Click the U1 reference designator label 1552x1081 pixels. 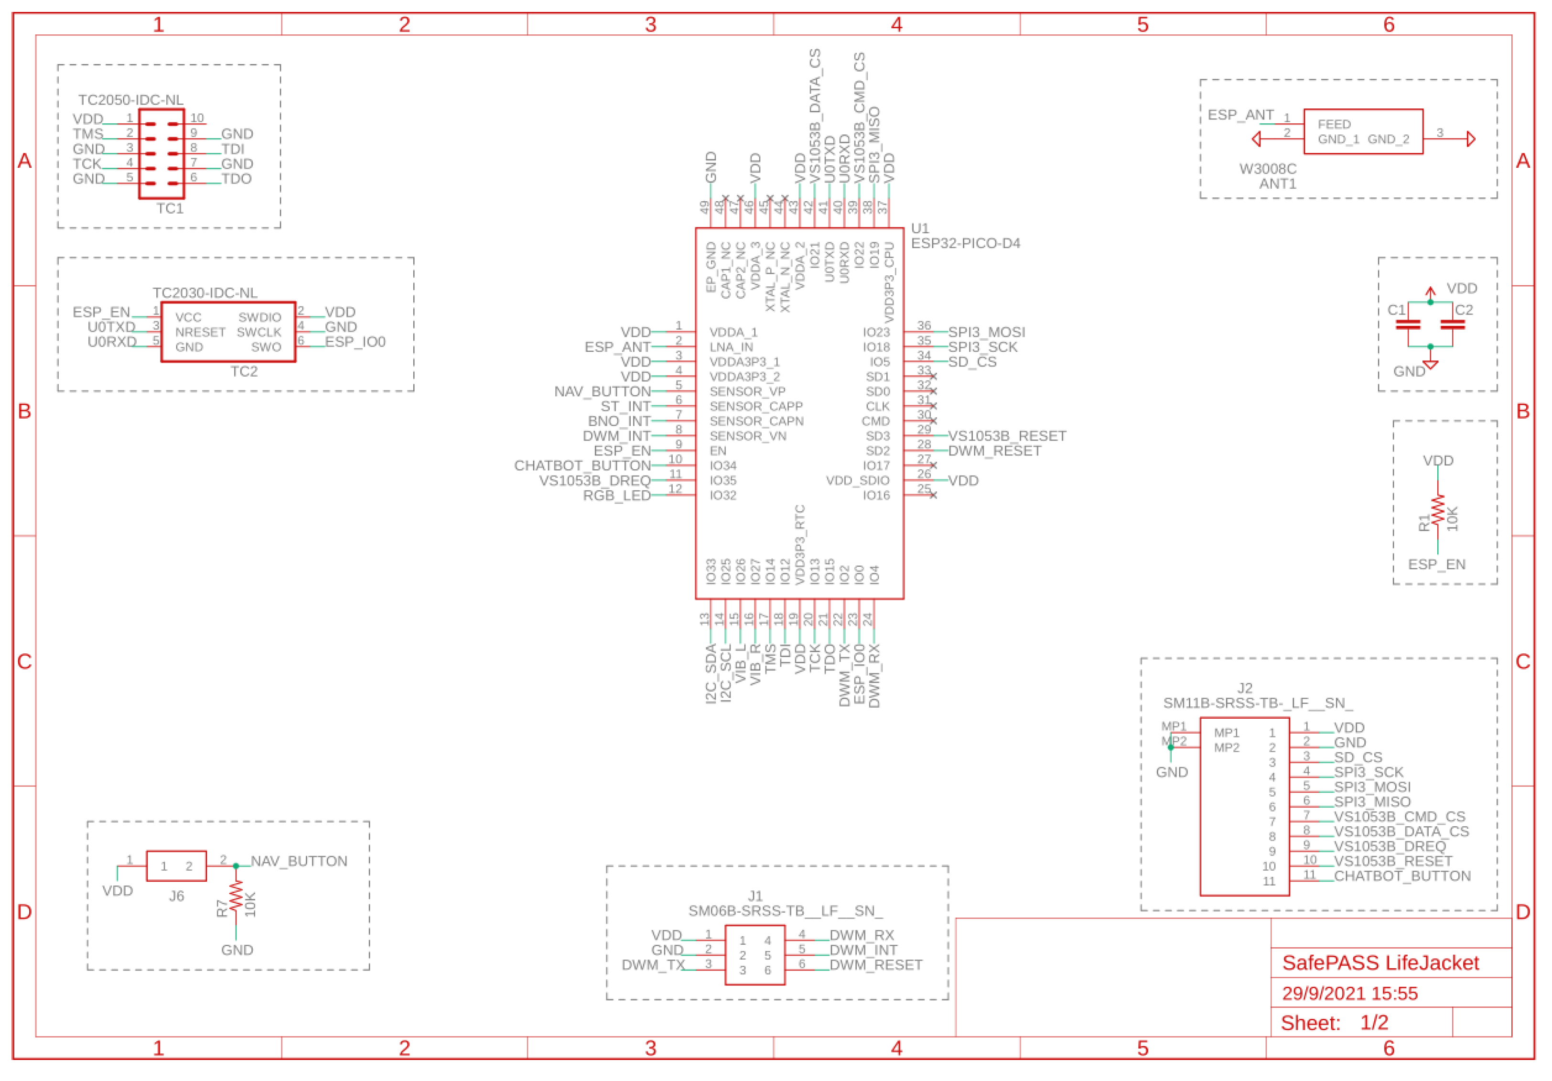click(x=920, y=228)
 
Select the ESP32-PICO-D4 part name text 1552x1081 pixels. click(x=965, y=243)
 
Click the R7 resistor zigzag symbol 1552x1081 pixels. click(x=236, y=897)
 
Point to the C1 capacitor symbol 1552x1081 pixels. click(x=1408, y=324)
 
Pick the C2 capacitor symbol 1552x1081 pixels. click(x=1452, y=324)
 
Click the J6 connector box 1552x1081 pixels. click(x=176, y=866)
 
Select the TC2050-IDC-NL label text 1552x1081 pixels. click(x=130, y=100)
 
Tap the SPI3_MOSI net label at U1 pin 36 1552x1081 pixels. click(x=986, y=332)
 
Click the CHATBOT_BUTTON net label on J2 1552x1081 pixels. click(x=1402, y=876)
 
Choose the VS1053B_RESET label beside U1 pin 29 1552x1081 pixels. click(x=1006, y=436)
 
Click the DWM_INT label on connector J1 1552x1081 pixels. click(x=863, y=950)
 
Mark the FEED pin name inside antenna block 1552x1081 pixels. click(x=1334, y=124)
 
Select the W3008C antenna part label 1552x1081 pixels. click(x=1267, y=169)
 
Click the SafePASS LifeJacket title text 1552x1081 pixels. click(x=1380, y=962)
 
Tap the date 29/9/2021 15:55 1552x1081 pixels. click(x=1349, y=993)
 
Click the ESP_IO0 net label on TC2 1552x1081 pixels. click(x=355, y=342)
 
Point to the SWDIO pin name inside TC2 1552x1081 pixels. click(x=259, y=317)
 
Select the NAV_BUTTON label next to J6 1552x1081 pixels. click(x=299, y=861)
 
